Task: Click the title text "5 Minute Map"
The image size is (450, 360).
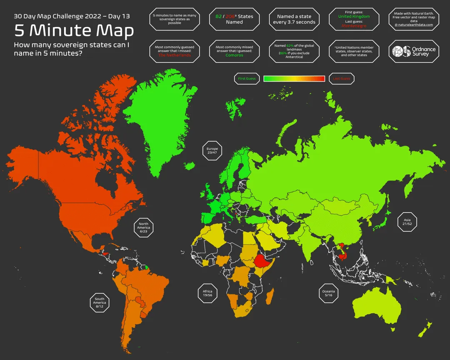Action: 74,30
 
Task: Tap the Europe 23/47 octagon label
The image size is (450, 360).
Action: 212,150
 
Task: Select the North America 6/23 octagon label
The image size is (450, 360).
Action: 143,227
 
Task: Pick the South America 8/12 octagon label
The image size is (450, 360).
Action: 100,302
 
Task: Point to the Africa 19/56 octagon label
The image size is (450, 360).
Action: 207,293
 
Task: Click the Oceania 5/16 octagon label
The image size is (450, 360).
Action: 328,293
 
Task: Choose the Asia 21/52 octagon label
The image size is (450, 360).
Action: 407,222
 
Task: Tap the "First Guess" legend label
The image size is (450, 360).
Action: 247,78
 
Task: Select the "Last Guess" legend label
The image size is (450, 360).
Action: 341,78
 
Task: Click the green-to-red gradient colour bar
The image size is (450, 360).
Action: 294,78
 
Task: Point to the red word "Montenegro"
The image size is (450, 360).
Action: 354,26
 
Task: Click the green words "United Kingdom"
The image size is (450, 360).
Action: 354,17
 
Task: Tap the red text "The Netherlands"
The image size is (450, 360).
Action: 174,55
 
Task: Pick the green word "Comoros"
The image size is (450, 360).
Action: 234,55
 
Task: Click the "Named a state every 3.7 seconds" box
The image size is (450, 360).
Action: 294,19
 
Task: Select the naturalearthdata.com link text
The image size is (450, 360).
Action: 414,25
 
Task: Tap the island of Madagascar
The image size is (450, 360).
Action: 270,297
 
